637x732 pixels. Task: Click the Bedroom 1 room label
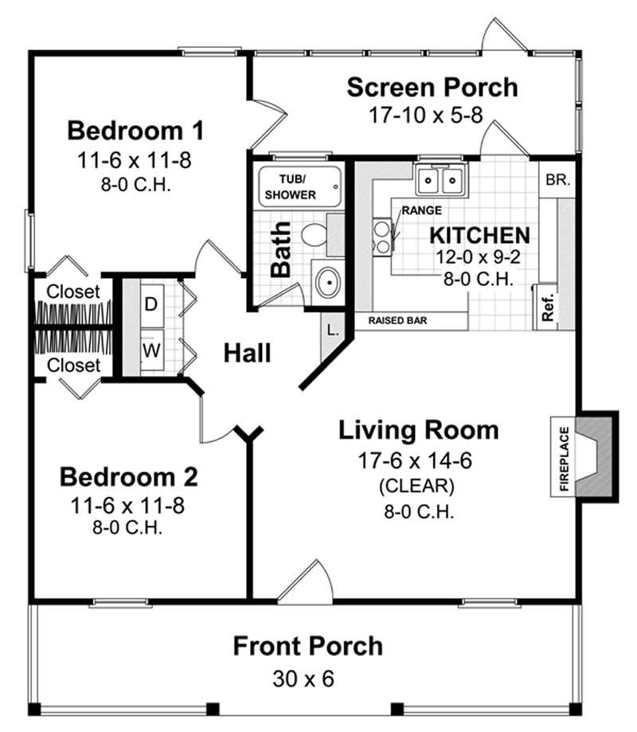coord(135,129)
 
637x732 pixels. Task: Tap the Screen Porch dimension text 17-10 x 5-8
coord(425,115)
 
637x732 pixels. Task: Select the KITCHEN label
coord(479,235)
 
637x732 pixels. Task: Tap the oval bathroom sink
coord(326,281)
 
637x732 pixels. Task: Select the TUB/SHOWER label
coord(291,187)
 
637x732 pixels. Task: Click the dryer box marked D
coord(151,304)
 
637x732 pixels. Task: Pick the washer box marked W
coord(151,350)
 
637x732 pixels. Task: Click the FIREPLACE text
coord(565,459)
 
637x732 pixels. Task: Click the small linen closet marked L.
coord(333,327)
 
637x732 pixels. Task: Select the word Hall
coord(247,352)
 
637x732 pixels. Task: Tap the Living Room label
coord(419,430)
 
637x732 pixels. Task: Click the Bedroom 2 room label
coord(129,477)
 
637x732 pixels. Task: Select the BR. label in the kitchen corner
coord(557,180)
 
